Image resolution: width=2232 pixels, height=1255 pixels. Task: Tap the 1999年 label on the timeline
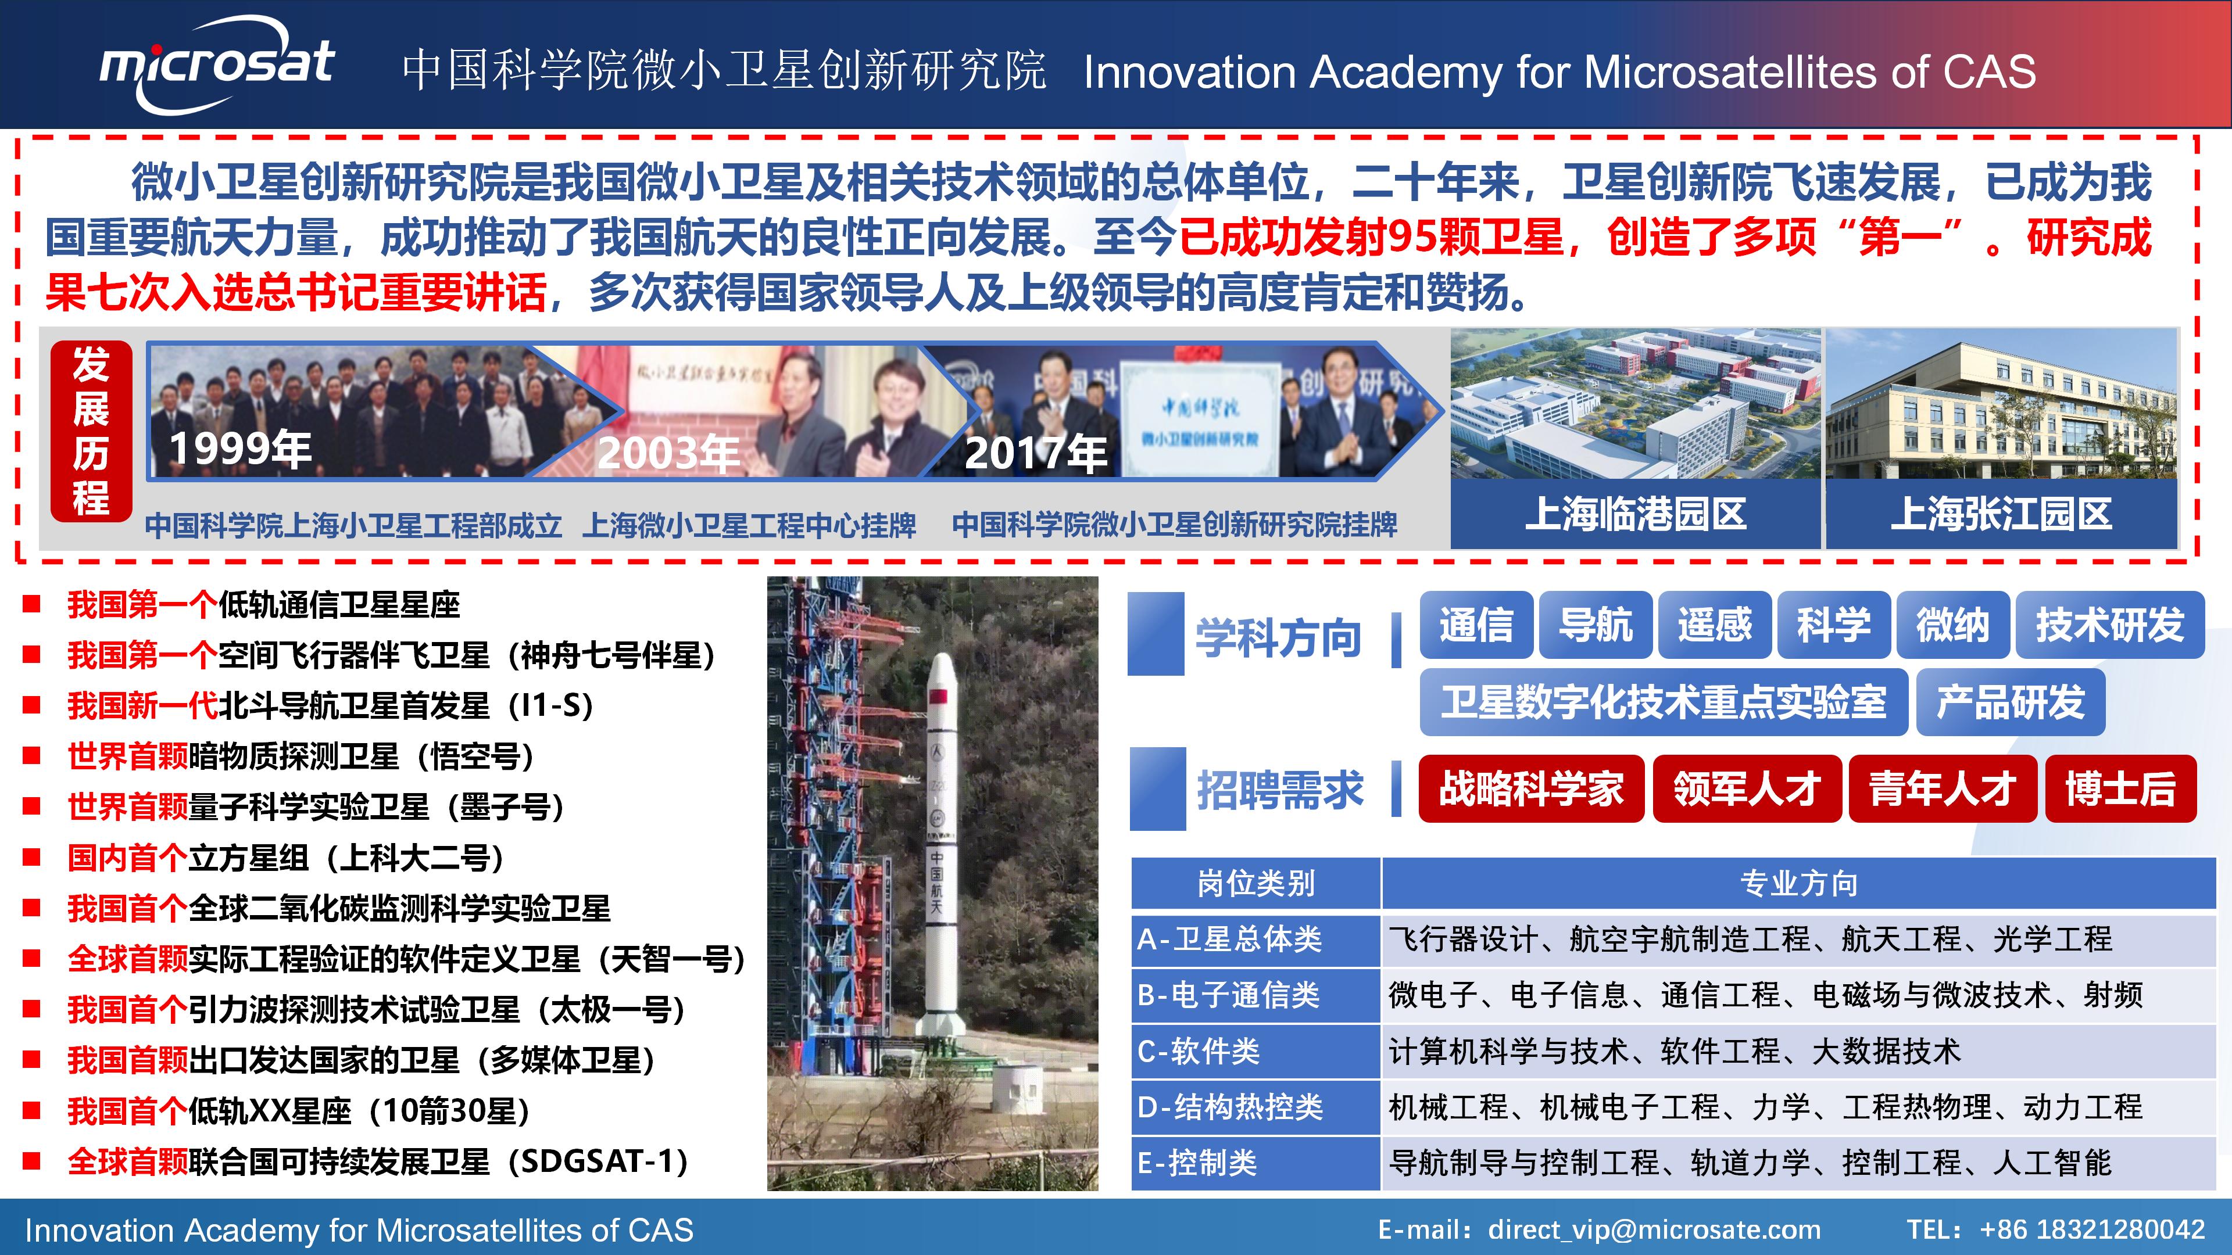coord(240,450)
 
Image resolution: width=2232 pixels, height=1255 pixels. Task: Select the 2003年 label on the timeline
coord(668,453)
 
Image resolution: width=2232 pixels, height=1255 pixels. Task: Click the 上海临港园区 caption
coord(1635,514)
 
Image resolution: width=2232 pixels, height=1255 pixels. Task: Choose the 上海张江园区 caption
coord(2001,514)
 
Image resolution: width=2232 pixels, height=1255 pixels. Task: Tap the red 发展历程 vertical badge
coord(91,431)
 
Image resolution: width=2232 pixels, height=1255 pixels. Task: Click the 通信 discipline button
coord(1476,625)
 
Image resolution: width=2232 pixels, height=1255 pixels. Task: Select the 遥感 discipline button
coord(1714,625)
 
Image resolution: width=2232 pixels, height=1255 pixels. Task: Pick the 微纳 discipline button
coord(1952,625)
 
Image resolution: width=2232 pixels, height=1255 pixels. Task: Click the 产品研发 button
coord(2010,701)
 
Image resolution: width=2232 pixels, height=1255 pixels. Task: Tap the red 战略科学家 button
coord(1531,788)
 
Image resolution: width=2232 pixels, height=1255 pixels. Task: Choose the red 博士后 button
coord(2120,788)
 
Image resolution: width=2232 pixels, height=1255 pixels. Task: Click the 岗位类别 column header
coord(1255,883)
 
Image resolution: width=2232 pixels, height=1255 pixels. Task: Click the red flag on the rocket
coord(938,697)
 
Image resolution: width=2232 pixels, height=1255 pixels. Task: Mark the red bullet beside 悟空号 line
coord(31,755)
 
